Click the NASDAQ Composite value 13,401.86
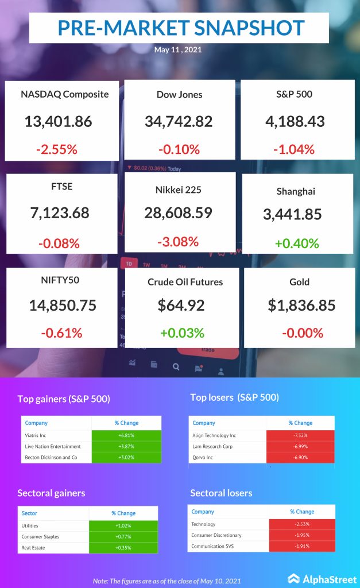(58, 121)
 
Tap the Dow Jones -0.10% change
(179, 149)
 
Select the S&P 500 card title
(293, 94)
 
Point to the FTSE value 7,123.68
(60, 213)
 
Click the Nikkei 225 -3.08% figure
(178, 241)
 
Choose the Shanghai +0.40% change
(296, 243)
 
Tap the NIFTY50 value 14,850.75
(63, 305)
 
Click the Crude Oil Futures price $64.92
(181, 305)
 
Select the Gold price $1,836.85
(301, 305)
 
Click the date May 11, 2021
(178, 50)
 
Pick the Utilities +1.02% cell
(123, 525)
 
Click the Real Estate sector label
(34, 548)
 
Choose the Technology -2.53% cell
(301, 524)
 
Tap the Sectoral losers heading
(221, 493)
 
